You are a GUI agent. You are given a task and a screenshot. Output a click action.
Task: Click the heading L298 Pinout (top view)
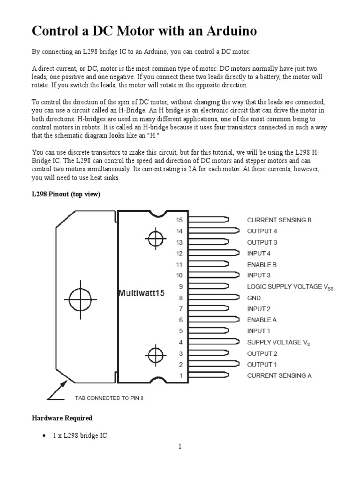(66, 194)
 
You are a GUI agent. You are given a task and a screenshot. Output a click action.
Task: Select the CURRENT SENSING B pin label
(279, 219)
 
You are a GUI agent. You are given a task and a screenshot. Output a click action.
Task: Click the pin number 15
(179, 219)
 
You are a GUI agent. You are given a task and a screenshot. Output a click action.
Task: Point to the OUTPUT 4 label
(262, 231)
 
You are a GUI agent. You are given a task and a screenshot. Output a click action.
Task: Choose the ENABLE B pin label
(262, 264)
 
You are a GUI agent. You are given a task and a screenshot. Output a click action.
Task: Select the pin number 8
(179, 298)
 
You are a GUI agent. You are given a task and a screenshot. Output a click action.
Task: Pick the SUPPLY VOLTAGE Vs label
(278, 342)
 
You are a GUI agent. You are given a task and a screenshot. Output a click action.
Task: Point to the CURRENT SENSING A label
(279, 375)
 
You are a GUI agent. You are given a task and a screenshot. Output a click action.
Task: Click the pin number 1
(179, 375)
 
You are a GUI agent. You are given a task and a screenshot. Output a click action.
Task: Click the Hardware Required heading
(62, 418)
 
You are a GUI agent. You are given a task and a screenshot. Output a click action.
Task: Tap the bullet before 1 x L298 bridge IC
(44, 435)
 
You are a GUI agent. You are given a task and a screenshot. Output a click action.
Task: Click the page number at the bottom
(180, 459)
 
